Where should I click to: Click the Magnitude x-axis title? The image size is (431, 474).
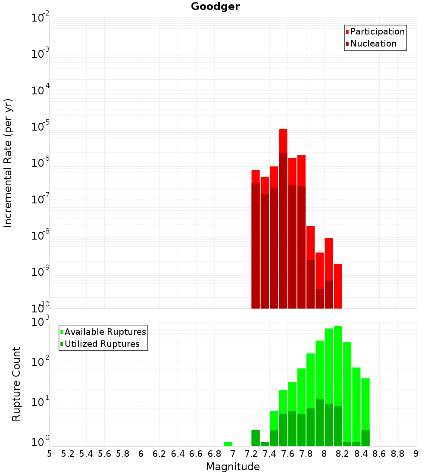233,467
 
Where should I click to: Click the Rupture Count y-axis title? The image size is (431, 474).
16,384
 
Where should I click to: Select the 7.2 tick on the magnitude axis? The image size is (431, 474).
251,454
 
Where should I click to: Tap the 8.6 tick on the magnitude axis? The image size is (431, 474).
379,454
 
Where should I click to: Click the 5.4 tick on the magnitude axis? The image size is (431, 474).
86,454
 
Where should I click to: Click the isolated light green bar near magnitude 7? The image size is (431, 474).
228,444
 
